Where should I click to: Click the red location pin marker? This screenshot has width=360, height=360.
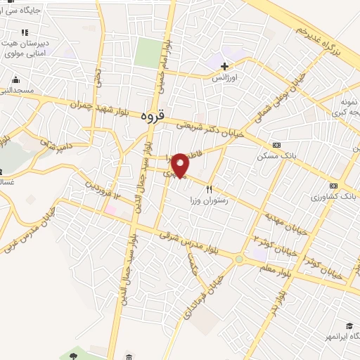coord(181,164)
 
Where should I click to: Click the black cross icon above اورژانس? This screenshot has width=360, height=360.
coord(224,66)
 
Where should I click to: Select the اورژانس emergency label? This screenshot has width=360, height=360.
coord(226,78)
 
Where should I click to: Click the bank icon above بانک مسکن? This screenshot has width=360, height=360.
coord(276,145)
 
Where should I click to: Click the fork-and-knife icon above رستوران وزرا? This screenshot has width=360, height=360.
coord(209,189)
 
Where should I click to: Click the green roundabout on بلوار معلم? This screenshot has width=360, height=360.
coord(239,259)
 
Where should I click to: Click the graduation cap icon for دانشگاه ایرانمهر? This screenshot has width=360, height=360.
coord(349,326)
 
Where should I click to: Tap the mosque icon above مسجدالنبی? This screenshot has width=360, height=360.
coord(15,79)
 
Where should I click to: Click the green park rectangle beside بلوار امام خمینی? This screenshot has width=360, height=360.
coord(148,53)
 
